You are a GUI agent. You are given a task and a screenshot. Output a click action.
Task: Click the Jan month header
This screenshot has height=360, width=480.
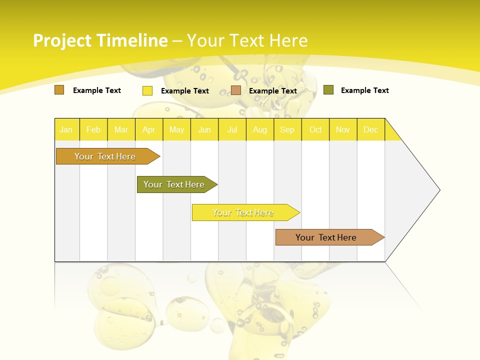(x=66, y=129)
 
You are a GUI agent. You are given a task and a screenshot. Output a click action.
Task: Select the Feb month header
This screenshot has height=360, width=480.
(x=93, y=129)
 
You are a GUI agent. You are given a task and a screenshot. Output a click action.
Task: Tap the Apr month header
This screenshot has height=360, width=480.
(x=148, y=129)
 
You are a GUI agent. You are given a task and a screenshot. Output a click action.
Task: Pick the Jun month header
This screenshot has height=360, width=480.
(x=204, y=129)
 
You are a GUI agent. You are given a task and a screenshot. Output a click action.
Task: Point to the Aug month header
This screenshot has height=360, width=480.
(x=259, y=129)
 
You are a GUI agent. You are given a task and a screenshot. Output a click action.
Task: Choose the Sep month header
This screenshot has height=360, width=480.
(x=287, y=129)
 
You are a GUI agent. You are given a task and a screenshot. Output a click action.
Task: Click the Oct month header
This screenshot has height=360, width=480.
(x=315, y=129)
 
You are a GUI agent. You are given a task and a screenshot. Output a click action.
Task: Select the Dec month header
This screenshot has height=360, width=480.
(x=370, y=129)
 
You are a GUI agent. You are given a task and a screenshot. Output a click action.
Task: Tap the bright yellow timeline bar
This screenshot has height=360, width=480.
(x=243, y=212)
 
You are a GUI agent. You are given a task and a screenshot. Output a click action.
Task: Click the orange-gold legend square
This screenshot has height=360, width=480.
(x=59, y=90)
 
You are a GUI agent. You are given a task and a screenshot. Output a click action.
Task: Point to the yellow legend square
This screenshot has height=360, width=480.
(x=147, y=90)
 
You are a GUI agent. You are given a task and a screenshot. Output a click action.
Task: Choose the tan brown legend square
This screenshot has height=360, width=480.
(x=236, y=90)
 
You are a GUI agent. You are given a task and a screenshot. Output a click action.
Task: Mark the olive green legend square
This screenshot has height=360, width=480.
(x=328, y=90)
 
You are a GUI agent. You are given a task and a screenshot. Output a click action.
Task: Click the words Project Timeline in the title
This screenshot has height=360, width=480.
(x=100, y=40)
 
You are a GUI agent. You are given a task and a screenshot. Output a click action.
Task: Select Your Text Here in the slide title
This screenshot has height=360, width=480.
(x=247, y=40)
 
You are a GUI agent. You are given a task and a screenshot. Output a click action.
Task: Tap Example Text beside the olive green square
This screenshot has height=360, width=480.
(x=364, y=90)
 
